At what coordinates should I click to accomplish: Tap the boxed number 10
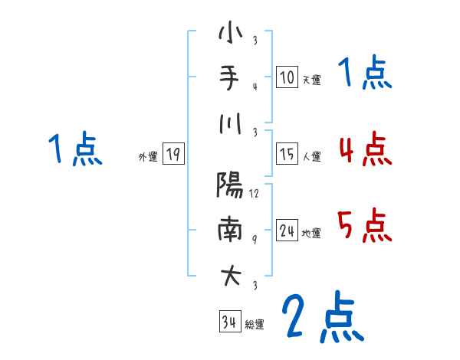(x=287, y=77)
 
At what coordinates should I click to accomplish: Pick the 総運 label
(x=255, y=324)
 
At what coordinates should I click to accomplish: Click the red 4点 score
(x=364, y=149)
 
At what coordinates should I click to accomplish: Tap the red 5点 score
(x=364, y=225)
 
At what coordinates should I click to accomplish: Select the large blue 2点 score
(x=321, y=317)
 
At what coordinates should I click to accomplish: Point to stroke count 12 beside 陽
(x=255, y=194)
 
